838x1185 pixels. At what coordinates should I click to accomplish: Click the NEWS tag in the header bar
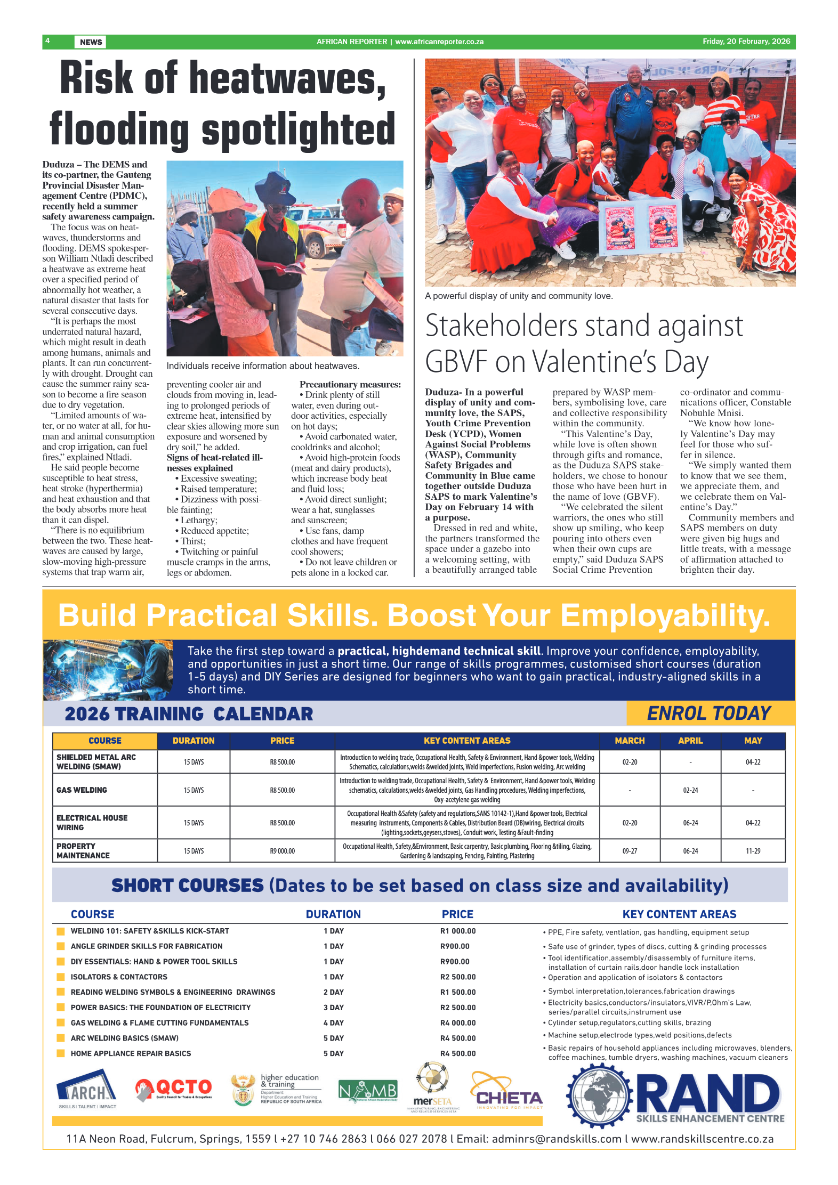91,42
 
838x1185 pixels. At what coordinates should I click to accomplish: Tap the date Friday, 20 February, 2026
746,42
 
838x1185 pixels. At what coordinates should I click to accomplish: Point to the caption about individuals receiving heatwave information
263,366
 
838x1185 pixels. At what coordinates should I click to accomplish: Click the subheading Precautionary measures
350,384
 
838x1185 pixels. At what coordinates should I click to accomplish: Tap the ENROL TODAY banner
708,713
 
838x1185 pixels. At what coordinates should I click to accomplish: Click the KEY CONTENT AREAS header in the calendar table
467,741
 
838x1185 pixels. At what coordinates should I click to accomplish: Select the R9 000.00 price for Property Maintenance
282,851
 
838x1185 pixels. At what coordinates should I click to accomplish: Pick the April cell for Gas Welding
690,790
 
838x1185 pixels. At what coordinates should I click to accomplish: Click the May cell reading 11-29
753,851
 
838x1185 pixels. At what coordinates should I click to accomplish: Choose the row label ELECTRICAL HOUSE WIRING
92,822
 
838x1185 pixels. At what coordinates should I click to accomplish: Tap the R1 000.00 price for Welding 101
457,931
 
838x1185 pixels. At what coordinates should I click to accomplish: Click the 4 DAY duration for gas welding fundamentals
333,1022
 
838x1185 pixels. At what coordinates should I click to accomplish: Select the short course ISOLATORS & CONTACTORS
119,977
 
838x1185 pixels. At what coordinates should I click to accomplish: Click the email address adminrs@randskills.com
557,1139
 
